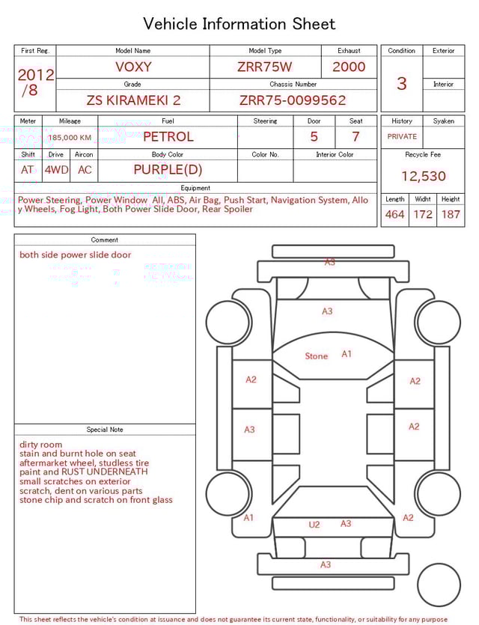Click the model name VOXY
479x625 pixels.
[133, 67]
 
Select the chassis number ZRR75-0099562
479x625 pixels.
[293, 100]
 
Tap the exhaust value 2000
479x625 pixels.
[349, 67]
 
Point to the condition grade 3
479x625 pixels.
[401, 83]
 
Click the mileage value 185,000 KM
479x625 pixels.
[70, 138]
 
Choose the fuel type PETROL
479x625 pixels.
[168, 137]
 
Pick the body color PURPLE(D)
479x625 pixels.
[168, 169]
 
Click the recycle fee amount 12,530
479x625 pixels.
[423, 176]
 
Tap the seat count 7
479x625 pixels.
[356, 137]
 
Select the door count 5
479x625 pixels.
[314, 137]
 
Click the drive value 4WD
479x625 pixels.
[56, 169]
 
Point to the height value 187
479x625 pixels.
[451, 214]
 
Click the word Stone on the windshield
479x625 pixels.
[316, 356]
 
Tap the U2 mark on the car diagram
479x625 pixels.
[314, 525]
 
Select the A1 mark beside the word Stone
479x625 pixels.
[347, 354]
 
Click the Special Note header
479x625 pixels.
[105, 430]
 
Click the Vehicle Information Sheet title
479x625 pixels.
[239, 24]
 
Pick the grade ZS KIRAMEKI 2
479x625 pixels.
[133, 100]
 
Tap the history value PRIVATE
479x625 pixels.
[402, 137]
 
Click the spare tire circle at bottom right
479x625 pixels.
[438, 585]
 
